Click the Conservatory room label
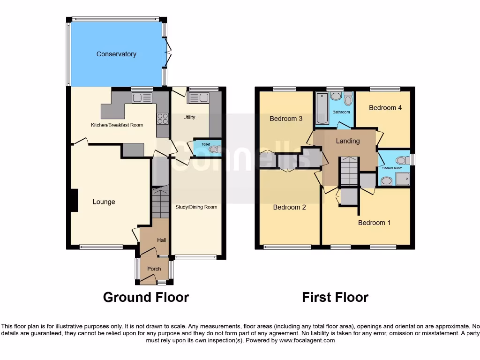tap(116, 54)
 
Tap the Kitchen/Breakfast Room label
tap(117, 125)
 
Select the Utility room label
tap(189, 117)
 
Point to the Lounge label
tap(104, 202)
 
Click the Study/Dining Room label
tap(196, 207)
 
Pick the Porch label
tap(154, 269)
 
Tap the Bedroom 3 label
tap(286, 119)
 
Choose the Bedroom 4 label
tap(385, 108)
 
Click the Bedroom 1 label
tap(374, 223)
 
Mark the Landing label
tap(348, 141)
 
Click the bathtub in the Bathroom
tap(321, 108)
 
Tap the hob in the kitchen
tap(162, 119)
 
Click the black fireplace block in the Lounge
tap(73, 200)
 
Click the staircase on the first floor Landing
tap(348, 171)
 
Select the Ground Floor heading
tap(146, 297)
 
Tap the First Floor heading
tap(335, 297)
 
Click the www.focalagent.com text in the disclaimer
tap(307, 340)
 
